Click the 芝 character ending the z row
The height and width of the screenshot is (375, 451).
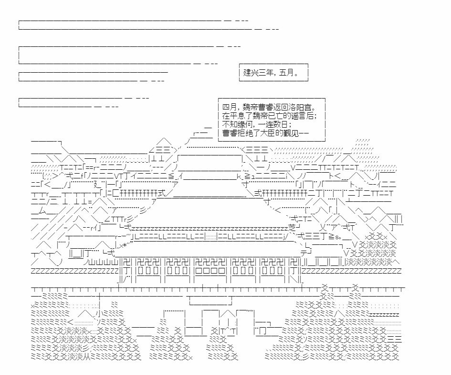pos(292,228)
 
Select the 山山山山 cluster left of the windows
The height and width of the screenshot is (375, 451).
pos(103,263)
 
